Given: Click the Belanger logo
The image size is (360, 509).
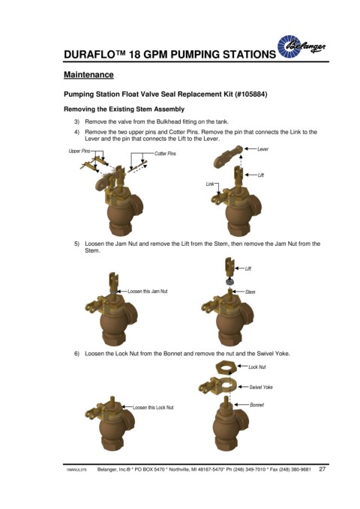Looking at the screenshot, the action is pyautogui.click(x=301, y=46).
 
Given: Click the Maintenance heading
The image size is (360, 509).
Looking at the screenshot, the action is pyautogui.click(x=88, y=75).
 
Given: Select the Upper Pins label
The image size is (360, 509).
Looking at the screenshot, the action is pyautogui.click(x=79, y=151).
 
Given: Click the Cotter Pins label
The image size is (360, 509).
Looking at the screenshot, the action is pyautogui.click(x=165, y=153).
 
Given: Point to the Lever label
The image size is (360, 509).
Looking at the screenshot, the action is pyautogui.click(x=262, y=149).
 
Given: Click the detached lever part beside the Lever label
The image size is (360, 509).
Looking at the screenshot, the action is pyautogui.click(x=228, y=156).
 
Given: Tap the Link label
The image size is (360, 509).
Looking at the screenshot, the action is pyautogui.click(x=210, y=184).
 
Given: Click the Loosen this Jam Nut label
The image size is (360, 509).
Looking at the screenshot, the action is pyautogui.click(x=148, y=291).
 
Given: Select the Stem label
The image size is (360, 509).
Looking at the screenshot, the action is pyautogui.click(x=250, y=292).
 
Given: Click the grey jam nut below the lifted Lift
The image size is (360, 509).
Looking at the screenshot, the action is pyautogui.click(x=229, y=281).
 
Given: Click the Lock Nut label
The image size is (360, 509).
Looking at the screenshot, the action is pyautogui.click(x=257, y=367).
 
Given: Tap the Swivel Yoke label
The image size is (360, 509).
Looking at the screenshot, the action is pyautogui.click(x=261, y=387).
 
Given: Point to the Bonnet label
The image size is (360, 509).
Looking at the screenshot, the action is pyautogui.click(x=256, y=405).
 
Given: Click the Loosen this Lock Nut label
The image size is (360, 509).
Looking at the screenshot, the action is pyautogui.click(x=153, y=407).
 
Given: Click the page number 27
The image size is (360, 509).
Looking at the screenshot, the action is pyautogui.click(x=322, y=469).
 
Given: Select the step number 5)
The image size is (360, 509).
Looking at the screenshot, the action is pyautogui.click(x=76, y=244).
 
